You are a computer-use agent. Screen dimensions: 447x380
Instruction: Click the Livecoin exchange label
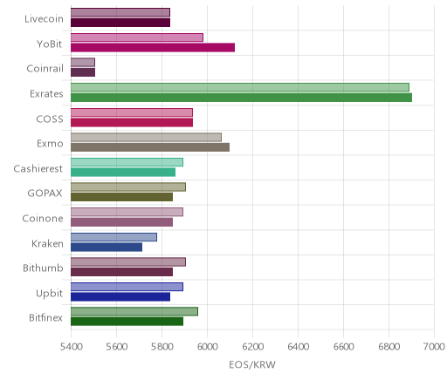point(44,19)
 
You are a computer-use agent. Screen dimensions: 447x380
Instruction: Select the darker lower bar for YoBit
point(153,47)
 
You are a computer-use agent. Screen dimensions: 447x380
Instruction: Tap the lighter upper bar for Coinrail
point(83,62)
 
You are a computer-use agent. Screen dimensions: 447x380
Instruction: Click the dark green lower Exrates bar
point(241,98)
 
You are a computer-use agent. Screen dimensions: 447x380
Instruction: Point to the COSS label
point(50,119)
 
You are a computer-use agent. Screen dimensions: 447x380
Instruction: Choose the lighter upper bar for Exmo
point(146,137)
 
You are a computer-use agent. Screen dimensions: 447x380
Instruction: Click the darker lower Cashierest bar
point(123,173)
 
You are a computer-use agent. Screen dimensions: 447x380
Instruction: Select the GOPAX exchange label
point(45,193)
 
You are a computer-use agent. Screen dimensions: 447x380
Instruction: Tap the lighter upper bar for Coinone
point(127,212)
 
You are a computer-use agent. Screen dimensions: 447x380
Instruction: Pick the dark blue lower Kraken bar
point(107,248)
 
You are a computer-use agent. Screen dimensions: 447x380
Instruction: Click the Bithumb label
point(43,268)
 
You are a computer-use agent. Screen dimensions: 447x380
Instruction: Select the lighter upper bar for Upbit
point(127,287)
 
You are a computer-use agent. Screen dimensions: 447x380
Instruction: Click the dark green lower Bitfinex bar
point(127,322)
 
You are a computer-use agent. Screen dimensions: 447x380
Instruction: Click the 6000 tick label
point(207,347)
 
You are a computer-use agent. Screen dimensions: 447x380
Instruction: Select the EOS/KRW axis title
point(252,364)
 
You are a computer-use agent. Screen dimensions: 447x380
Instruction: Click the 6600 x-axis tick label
point(343,347)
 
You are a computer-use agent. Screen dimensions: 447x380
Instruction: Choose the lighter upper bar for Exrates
point(240,87)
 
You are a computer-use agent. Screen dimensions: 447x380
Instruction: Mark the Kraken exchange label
point(47,243)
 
